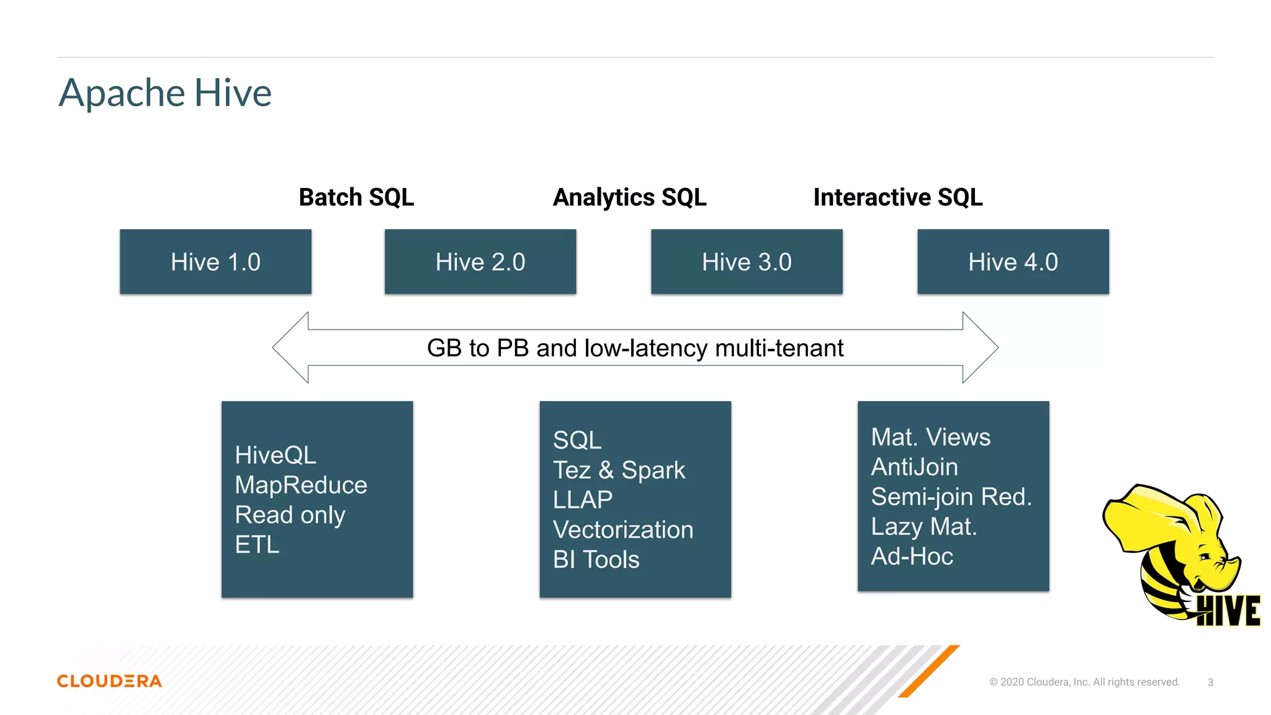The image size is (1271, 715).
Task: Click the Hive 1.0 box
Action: [x=215, y=262]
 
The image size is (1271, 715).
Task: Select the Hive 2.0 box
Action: [x=480, y=262]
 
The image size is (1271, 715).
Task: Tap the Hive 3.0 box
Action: [x=747, y=262]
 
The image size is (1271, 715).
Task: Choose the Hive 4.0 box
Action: [x=1013, y=262]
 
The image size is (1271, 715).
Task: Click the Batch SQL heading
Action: [x=356, y=197]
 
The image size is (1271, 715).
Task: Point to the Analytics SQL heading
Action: [x=629, y=197]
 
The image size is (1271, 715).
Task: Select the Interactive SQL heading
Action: [x=897, y=197]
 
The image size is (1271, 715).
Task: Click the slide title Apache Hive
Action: [x=165, y=93]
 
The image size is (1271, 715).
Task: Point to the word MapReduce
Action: [x=301, y=485]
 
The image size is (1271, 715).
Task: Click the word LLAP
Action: [x=583, y=500]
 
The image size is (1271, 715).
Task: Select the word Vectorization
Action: [x=623, y=529]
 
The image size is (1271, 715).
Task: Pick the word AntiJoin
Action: [x=914, y=467]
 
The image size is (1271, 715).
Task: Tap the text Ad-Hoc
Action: [x=912, y=556]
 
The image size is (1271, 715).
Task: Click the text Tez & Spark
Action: [x=619, y=470]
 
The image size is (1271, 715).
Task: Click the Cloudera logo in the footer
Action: [x=109, y=681]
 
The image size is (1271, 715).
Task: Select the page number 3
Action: [x=1210, y=682]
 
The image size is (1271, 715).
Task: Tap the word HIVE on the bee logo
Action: [x=1228, y=611]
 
